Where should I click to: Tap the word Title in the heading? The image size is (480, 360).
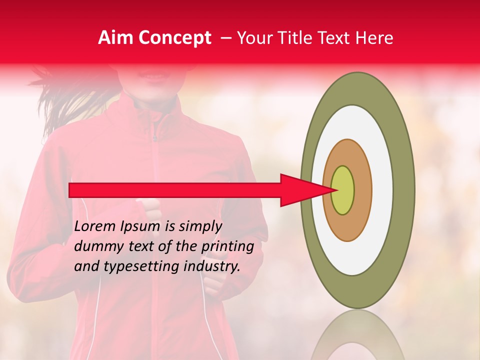coord(297,38)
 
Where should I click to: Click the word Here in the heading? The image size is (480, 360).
coord(374,38)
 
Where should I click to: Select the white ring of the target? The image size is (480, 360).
coord(380,190)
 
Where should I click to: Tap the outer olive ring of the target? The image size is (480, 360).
coord(403,190)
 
